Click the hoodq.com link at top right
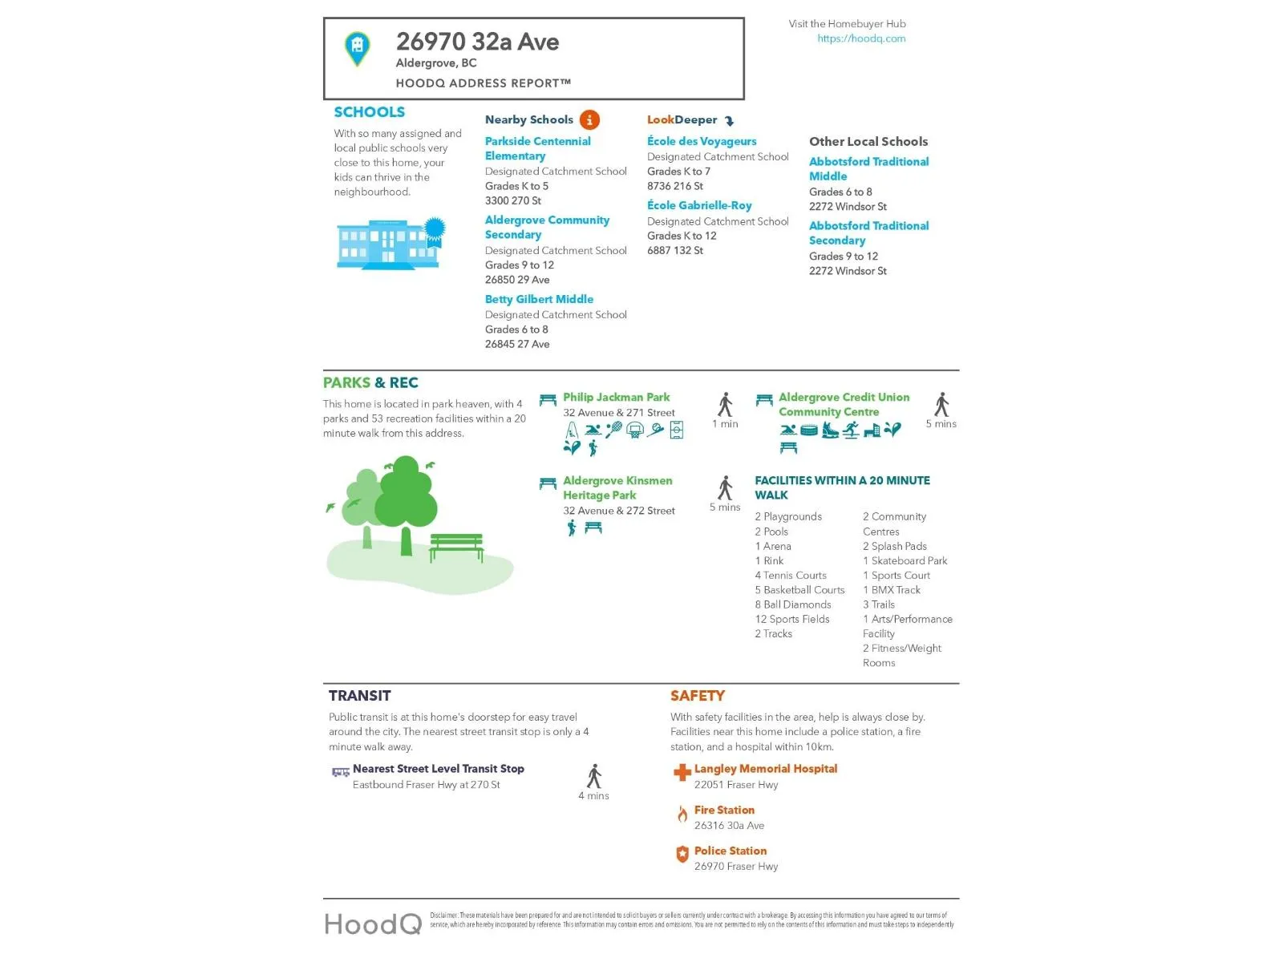tap(861, 38)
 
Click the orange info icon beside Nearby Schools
tap(589, 120)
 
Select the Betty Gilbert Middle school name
tap(539, 299)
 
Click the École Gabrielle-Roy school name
tap(699, 205)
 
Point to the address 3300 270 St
tap(513, 200)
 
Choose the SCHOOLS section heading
tap(370, 112)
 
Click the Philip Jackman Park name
tap(616, 397)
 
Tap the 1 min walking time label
tap(725, 424)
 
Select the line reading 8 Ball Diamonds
tap(792, 604)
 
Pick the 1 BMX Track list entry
tap(892, 590)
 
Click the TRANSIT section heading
tap(360, 696)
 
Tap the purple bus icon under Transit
tap(341, 772)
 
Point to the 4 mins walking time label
tap(593, 796)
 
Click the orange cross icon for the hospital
tap(682, 772)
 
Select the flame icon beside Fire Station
tap(682, 814)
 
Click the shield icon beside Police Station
tap(682, 855)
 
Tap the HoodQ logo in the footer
tap(373, 924)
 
